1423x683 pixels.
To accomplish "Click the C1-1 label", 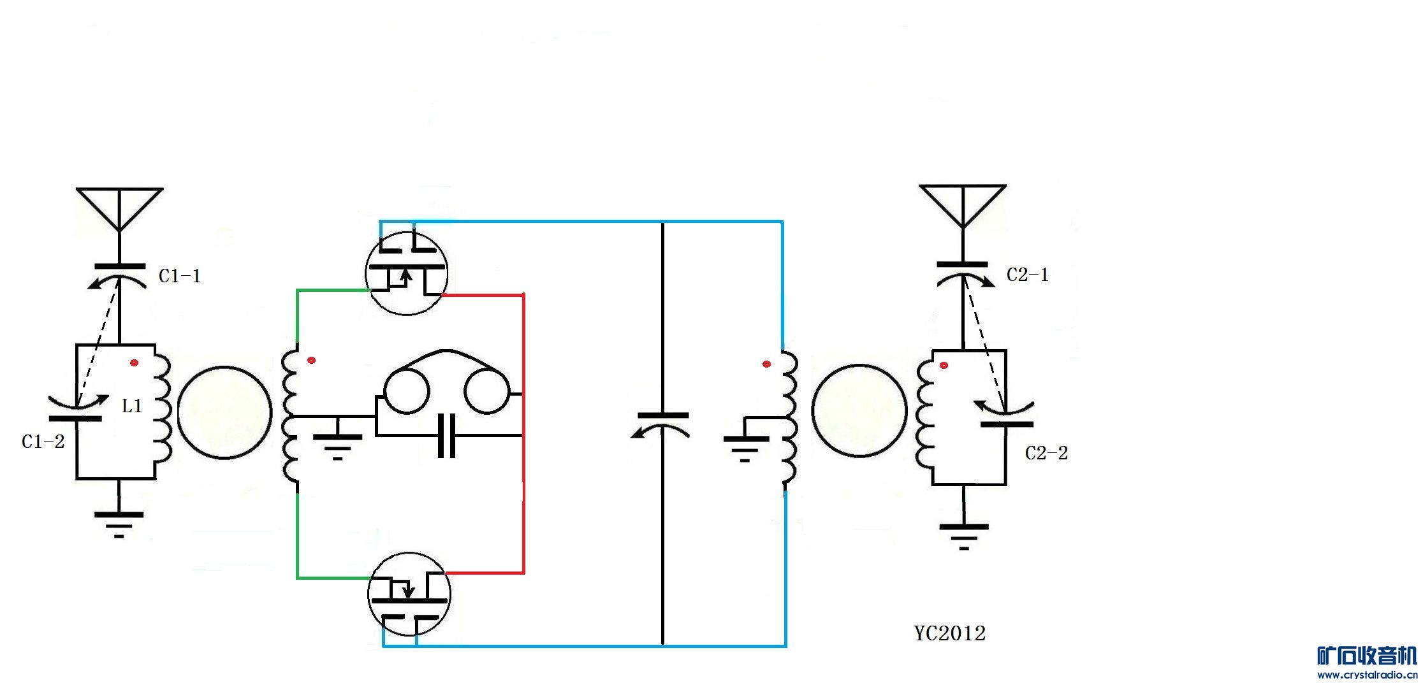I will (179, 276).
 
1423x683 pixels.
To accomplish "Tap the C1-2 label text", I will (43, 442).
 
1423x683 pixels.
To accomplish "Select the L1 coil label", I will (132, 406).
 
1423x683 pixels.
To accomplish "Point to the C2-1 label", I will (1027, 275).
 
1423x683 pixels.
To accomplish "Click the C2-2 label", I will (1046, 453).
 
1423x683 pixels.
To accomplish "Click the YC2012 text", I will (949, 633).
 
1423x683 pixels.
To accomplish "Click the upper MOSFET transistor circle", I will (406, 273).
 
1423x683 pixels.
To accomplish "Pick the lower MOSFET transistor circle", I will (409, 594).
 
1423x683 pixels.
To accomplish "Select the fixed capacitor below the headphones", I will (447, 436).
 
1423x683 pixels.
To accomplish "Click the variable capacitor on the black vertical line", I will (662, 424).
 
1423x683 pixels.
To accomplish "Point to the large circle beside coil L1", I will (224, 412).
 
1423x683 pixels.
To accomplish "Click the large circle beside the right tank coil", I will (859, 411).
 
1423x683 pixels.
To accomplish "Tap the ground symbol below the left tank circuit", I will (119, 522).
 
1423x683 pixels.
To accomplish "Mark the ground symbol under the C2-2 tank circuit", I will (963, 535).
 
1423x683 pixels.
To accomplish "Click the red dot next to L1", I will (134, 363).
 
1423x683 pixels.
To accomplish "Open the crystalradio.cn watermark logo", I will (1366, 662).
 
